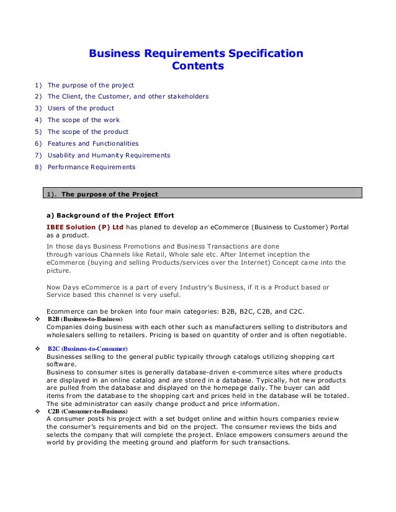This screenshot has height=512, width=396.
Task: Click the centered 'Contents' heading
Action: pyautogui.click(x=197, y=66)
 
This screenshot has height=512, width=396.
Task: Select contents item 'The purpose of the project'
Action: pyautogui.click(x=91, y=84)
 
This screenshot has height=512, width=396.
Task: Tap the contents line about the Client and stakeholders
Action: pyautogui.click(x=128, y=96)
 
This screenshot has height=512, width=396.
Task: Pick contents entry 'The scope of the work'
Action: pyautogui.click(x=84, y=120)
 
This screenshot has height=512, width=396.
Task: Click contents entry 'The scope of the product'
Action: pyautogui.click(x=88, y=131)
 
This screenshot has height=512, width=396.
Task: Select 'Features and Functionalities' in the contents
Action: pyautogui.click(x=93, y=143)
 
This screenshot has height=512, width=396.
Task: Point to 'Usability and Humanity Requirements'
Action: pyautogui.click(x=109, y=155)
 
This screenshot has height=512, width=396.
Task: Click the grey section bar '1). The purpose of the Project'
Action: pyautogui.click(x=202, y=195)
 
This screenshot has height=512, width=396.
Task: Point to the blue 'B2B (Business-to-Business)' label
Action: pyautogui.click(x=85, y=319)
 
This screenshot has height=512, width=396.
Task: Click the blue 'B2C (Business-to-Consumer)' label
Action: pyautogui.click(x=87, y=349)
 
